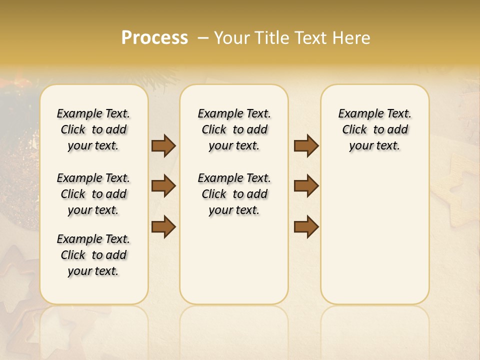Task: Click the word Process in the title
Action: pyautogui.click(x=154, y=38)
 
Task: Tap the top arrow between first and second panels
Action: pyautogui.click(x=163, y=145)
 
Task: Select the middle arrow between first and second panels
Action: pyautogui.click(x=163, y=186)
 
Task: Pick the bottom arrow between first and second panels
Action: pyautogui.click(x=163, y=226)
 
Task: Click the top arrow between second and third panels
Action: pyautogui.click(x=306, y=145)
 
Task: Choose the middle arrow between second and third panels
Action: pyautogui.click(x=306, y=186)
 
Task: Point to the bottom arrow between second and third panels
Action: pyautogui.click(x=306, y=226)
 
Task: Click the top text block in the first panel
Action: pyautogui.click(x=93, y=129)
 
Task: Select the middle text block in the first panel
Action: pyautogui.click(x=93, y=194)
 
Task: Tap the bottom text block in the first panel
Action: pyautogui.click(x=93, y=255)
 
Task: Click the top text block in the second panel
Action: pyautogui.click(x=234, y=129)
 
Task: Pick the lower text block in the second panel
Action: pyautogui.click(x=234, y=194)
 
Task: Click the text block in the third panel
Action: pyautogui.click(x=374, y=129)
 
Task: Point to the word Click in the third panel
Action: pyautogui.click(x=354, y=129)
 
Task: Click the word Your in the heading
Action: pyautogui.click(x=232, y=38)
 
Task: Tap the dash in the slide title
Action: pyautogui.click(x=203, y=38)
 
